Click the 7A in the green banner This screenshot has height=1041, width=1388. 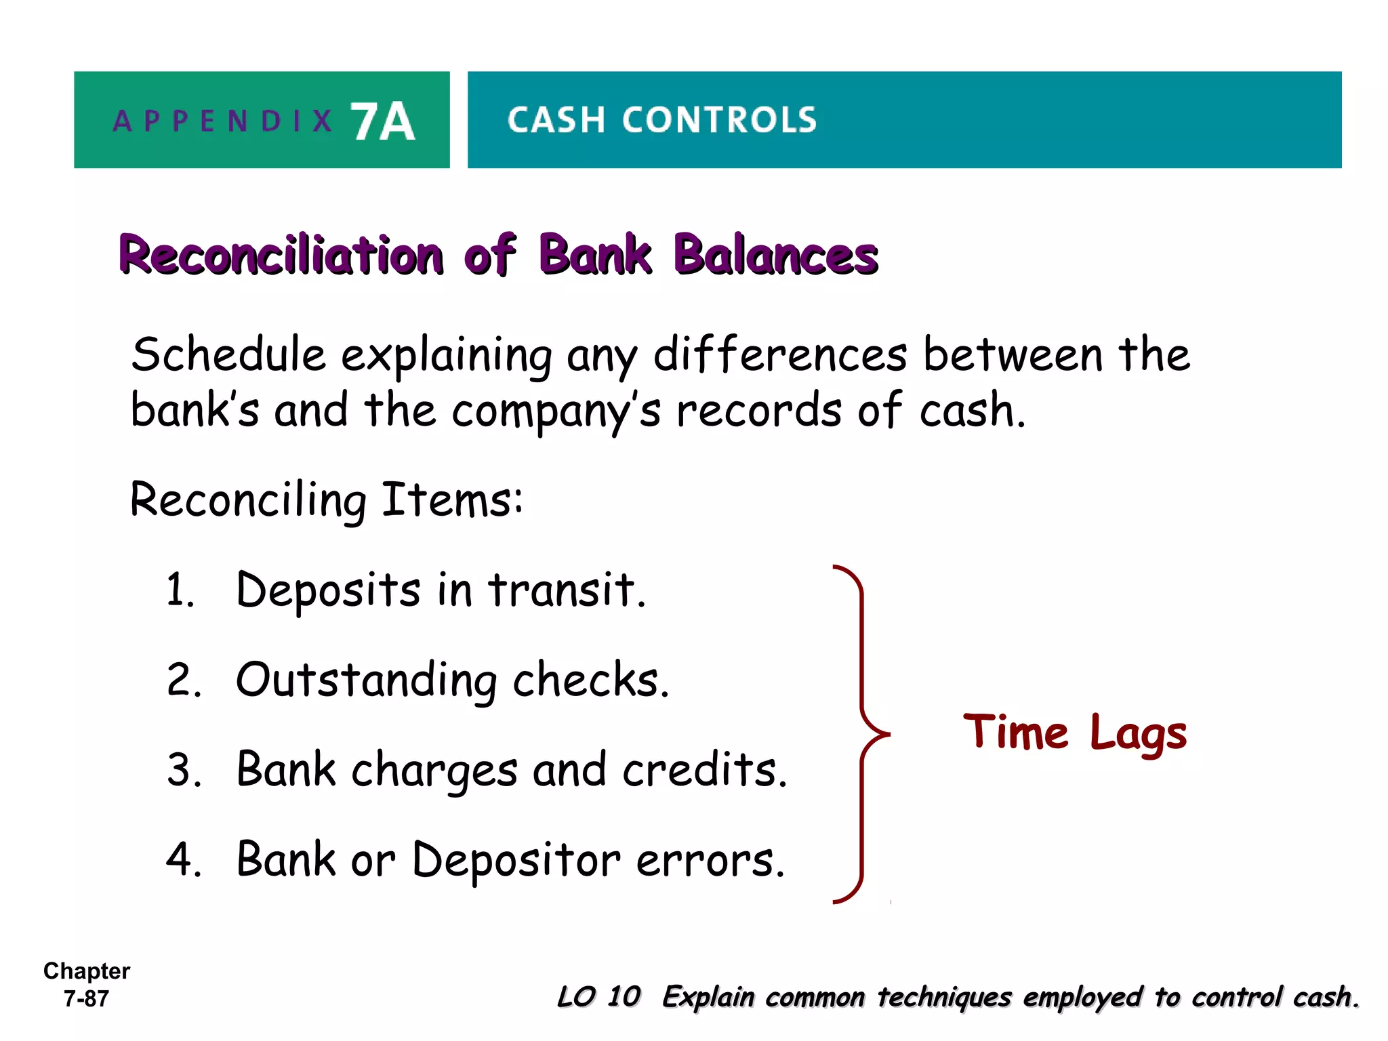coord(382,122)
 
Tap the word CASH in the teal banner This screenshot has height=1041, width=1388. coord(555,121)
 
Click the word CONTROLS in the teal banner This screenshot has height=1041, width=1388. coord(720,121)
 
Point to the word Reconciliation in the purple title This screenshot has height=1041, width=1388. coord(281,256)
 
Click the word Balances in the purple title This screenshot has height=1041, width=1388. coord(776,256)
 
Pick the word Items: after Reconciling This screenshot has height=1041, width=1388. coord(452,500)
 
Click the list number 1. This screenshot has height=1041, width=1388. coord(180,590)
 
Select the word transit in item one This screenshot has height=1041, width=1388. coord(567,590)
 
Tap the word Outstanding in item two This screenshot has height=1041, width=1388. coord(366,680)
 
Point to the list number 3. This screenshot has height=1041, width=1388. coord(184,771)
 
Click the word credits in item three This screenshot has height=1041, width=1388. coord(704,771)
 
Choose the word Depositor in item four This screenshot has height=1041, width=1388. coord(516,860)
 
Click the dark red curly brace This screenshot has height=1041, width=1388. coord(862,734)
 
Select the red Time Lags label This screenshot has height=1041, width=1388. coord(1075,734)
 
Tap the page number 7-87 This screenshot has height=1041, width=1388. coord(86,999)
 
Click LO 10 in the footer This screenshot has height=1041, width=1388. coord(598,997)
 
